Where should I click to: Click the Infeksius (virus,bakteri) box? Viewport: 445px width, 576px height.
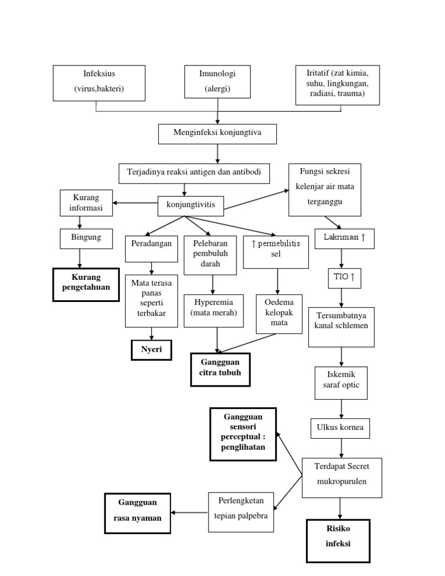99,82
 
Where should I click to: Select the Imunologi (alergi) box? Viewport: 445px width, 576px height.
217,82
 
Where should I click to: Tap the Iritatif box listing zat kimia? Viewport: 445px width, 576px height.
337,85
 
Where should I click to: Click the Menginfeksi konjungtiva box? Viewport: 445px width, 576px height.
217,133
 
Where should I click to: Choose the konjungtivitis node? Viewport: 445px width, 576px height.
191,205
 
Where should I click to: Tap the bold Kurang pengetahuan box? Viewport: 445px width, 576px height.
86,285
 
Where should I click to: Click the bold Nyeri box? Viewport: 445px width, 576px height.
151,349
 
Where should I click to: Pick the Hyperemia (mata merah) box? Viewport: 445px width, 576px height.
213,308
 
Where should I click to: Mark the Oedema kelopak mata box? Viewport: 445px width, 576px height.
279,313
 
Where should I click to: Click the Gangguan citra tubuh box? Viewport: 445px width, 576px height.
220,369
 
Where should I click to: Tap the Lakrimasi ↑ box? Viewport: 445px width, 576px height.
344,238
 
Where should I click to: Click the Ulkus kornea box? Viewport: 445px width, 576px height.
341,428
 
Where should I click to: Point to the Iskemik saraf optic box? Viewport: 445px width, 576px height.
341,383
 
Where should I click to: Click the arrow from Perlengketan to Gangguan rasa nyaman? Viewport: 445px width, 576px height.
191,512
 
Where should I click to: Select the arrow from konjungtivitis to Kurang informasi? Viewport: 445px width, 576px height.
136,203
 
